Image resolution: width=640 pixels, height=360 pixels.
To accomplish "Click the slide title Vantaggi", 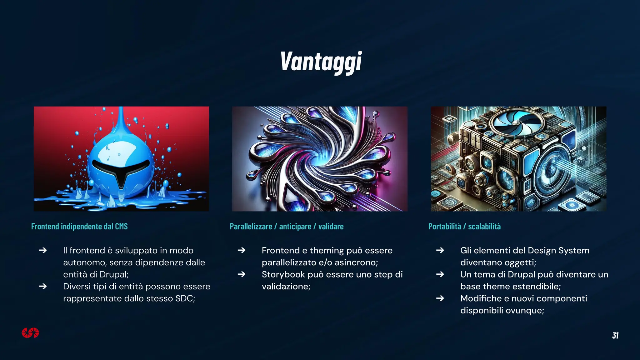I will pos(321,62).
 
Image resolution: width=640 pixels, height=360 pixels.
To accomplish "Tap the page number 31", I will pos(615,335).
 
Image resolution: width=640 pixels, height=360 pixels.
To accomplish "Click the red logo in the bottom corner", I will pos(30,333).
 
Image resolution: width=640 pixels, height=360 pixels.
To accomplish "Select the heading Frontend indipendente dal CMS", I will pos(79,226).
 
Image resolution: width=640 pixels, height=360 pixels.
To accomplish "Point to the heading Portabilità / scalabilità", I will pos(464,226).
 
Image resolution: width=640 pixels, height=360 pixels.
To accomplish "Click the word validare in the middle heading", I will pos(331,226).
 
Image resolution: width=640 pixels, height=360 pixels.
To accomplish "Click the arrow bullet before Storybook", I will pos(241,274).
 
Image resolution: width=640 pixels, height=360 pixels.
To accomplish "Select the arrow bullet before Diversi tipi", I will pos(43,286).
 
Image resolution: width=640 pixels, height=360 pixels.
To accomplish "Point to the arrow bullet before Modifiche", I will pos(440,298).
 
